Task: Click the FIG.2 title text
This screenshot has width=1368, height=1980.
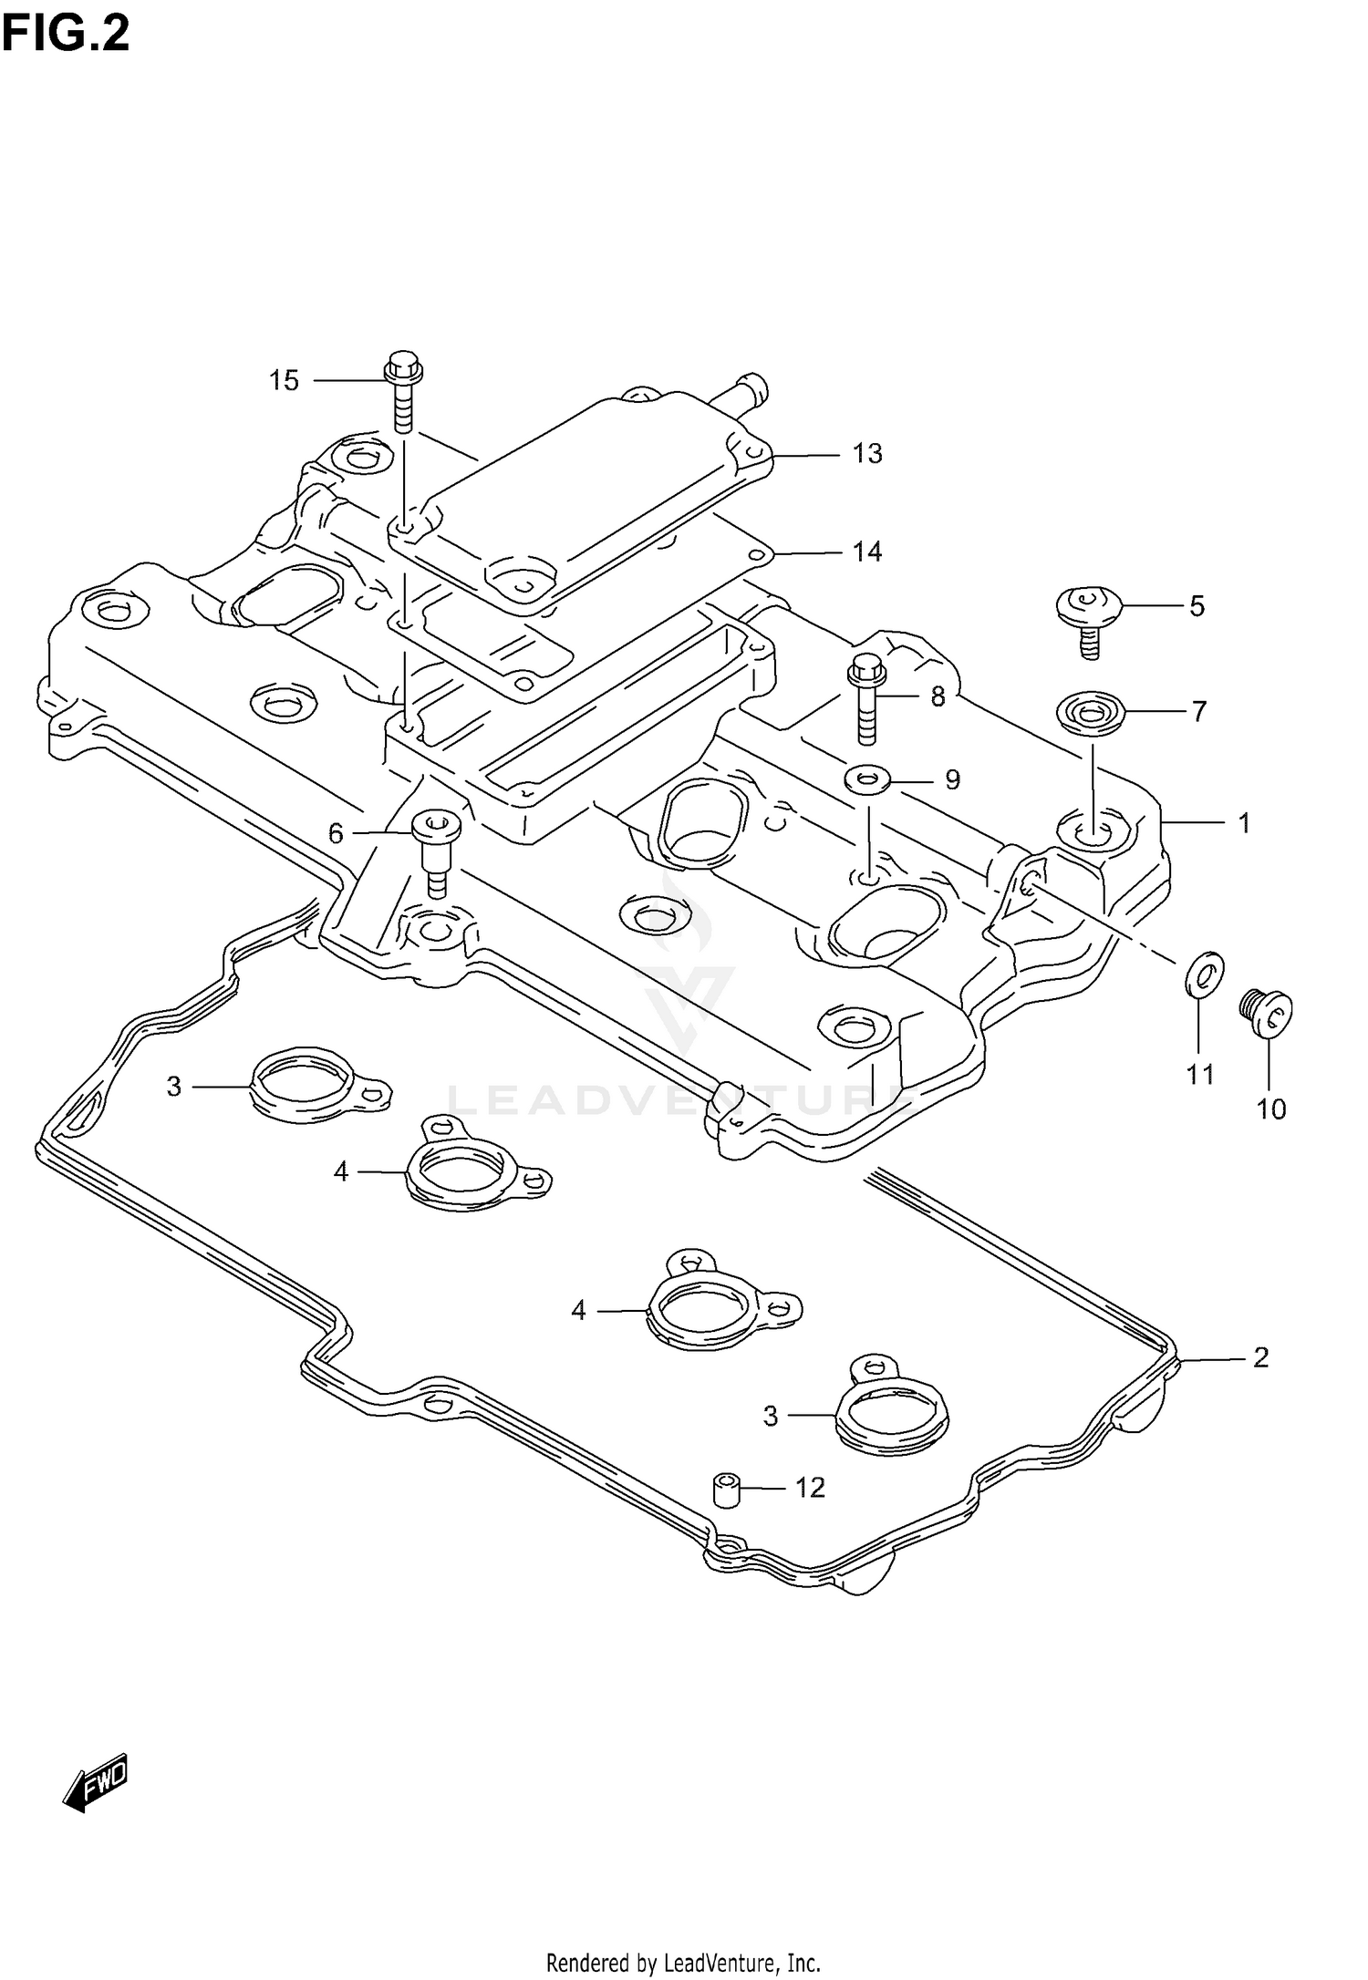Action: click(x=66, y=34)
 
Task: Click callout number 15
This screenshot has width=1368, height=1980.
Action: click(x=284, y=380)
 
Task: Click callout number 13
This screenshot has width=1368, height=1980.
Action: click(x=867, y=453)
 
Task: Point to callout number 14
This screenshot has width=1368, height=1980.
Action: click(x=867, y=552)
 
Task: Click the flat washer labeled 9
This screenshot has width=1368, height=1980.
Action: click(x=868, y=779)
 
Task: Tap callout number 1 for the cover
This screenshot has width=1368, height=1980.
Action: click(x=1244, y=823)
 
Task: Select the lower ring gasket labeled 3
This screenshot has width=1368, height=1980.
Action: click(x=889, y=1418)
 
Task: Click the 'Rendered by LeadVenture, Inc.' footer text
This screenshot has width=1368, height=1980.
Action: click(x=683, y=1955)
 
